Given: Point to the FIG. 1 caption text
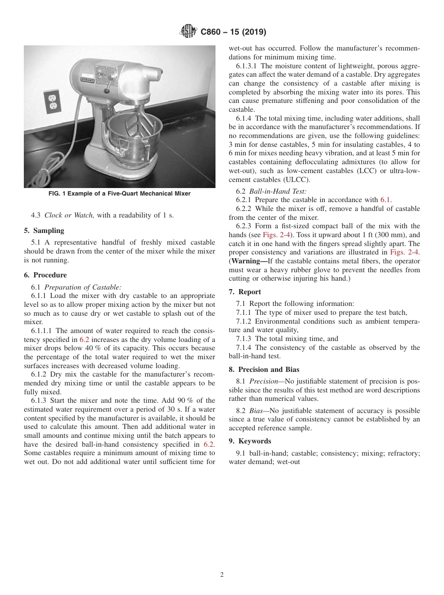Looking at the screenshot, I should (x=119, y=194).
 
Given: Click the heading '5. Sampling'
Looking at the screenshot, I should (x=44, y=231).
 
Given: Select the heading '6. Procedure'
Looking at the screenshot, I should (x=45, y=275).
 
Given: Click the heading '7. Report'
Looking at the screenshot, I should (x=245, y=292).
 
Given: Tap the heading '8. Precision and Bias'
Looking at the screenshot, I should (x=264, y=370).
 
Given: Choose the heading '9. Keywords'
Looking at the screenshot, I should (x=250, y=441).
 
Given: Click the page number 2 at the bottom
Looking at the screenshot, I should (x=222, y=575).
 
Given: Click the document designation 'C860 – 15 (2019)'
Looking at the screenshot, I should (x=233, y=32).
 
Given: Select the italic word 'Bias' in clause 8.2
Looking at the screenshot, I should (x=257, y=411).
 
